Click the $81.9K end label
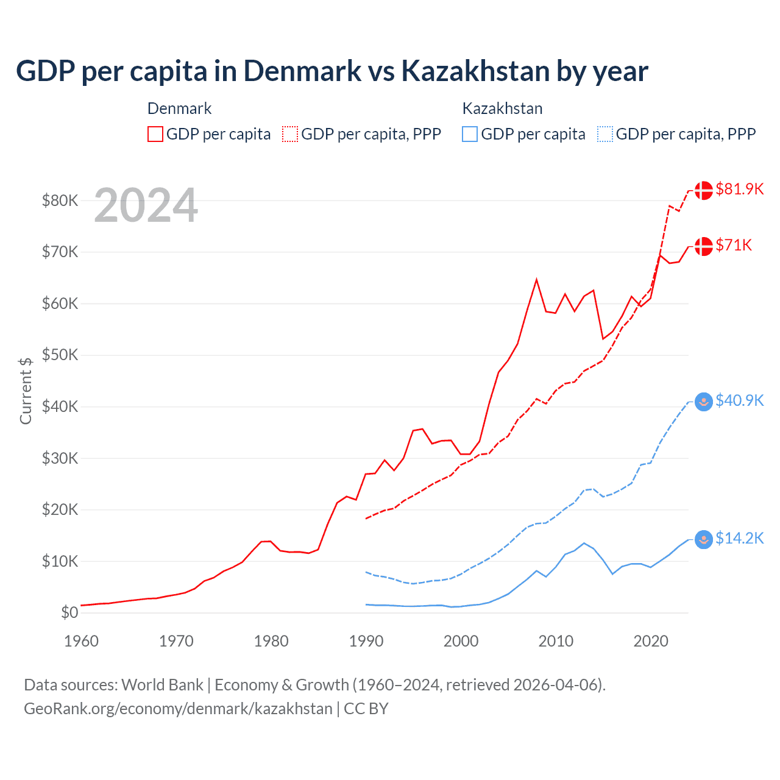click(x=739, y=189)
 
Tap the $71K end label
click(x=734, y=245)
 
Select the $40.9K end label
click(x=739, y=400)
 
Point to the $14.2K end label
click(x=739, y=538)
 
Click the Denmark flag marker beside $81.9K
click(x=704, y=190)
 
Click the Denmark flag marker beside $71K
click(x=704, y=246)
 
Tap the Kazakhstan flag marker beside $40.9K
click(x=704, y=402)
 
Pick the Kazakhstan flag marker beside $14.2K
click(x=704, y=539)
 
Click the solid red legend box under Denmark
click(x=155, y=134)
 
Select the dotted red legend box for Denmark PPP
click(x=290, y=134)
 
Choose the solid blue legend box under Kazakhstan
click(x=470, y=134)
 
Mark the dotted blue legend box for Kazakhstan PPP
click(x=605, y=134)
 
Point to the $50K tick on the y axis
click(x=60, y=355)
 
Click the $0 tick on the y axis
click(x=69, y=612)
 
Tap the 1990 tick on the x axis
click(x=366, y=641)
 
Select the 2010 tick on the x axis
click(x=556, y=641)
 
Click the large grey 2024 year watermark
click(x=146, y=205)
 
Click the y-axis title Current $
click(x=26, y=391)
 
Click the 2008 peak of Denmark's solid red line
click(x=536, y=280)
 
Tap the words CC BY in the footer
click(x=366, y=709)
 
